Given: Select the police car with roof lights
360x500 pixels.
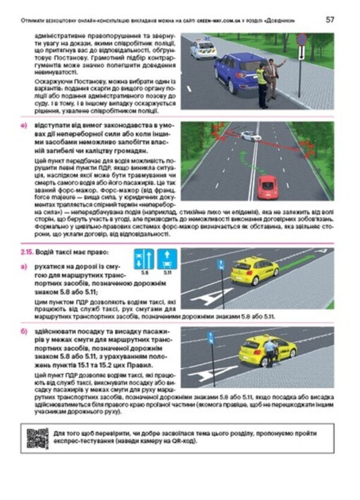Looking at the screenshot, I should coord(203,49).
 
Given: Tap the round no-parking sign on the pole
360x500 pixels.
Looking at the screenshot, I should coord(302,40).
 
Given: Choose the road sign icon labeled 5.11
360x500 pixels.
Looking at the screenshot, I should coord(166,260).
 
